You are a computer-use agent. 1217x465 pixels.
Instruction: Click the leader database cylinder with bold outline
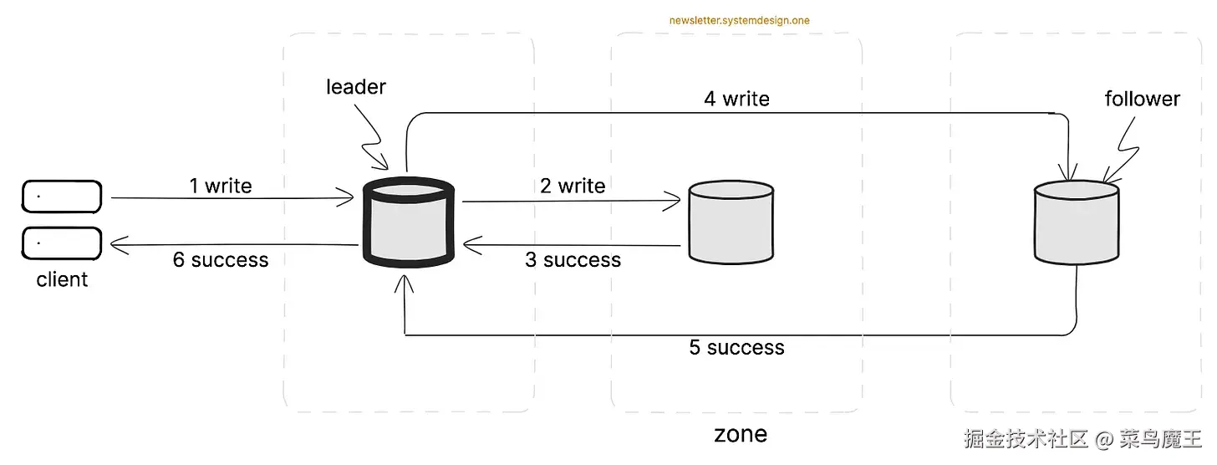pyautogui.click(x=409, y=222)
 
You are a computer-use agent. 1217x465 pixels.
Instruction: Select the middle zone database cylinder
pyautogui.click(x=730, y=224)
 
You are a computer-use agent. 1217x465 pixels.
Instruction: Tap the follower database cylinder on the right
pyautogui.click(x=1076, y=222)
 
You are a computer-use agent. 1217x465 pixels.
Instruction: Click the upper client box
pyautogui.click(x=62, y=197)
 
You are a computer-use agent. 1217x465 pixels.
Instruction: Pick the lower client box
pyautogui.click(x=62, y=243)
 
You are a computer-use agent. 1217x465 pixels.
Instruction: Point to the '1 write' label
pyautogui.click(x=220, y=186)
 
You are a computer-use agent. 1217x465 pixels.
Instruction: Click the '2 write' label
pyautogui.click(x=573, y=186)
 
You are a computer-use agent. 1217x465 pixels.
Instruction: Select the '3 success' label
pyautogui.click(x=573, y=260)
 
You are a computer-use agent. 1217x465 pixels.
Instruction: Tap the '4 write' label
pyautogui.click(x=736, y=99)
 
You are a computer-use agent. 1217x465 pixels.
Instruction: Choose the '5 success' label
pyautogui.click(x=736, y=347)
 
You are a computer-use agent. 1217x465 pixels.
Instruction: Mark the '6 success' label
pyautogui.click(x=221, y=260)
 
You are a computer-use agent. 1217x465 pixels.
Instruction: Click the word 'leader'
pyautogui.click(x=356, y=86)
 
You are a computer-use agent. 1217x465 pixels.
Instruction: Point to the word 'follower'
pyautogui.click(x=1142, y=99)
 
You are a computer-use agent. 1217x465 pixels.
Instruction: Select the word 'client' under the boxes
pyautogui.click(x=62, y=279)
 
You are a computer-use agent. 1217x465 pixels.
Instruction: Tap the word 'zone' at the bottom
pyautogui.click(x=740, y=434)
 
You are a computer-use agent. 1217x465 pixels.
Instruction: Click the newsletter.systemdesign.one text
pyautogui.click(x=739, y=20)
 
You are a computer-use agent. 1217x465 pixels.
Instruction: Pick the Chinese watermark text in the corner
pyautogui.click(x=1082, y=437)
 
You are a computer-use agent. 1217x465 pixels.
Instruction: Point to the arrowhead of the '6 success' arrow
pyautogui.click(x=115, y=245)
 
